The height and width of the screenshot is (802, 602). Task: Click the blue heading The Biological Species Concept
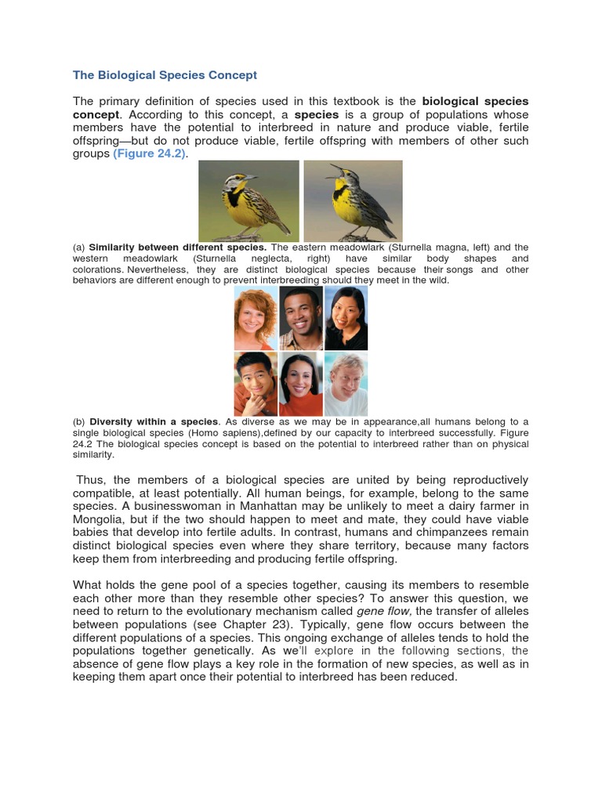pyautogui.click(x=165, y=75)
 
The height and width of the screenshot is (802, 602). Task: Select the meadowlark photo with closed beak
pyautogui.click(x=248, y=200)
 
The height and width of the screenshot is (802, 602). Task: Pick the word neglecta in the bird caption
pyautogui.click(x=292, y=258)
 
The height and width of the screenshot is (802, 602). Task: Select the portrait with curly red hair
pyautogui.click(x=256, y=317)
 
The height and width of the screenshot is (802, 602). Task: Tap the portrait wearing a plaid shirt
pyautogui.click(x=301, y=317)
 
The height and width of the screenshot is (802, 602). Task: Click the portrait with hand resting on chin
pyautogui.click(x=256, y=384)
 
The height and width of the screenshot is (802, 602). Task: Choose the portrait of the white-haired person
pyautogui.click(x=346, y=384)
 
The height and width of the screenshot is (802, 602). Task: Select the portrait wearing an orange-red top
pyautogui.click(x=301, y=384)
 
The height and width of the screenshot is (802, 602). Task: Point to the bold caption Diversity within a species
pyautogui.click(x=154, y=422)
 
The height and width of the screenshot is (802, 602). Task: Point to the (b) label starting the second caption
pyautogui.click(x=79, y=422)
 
